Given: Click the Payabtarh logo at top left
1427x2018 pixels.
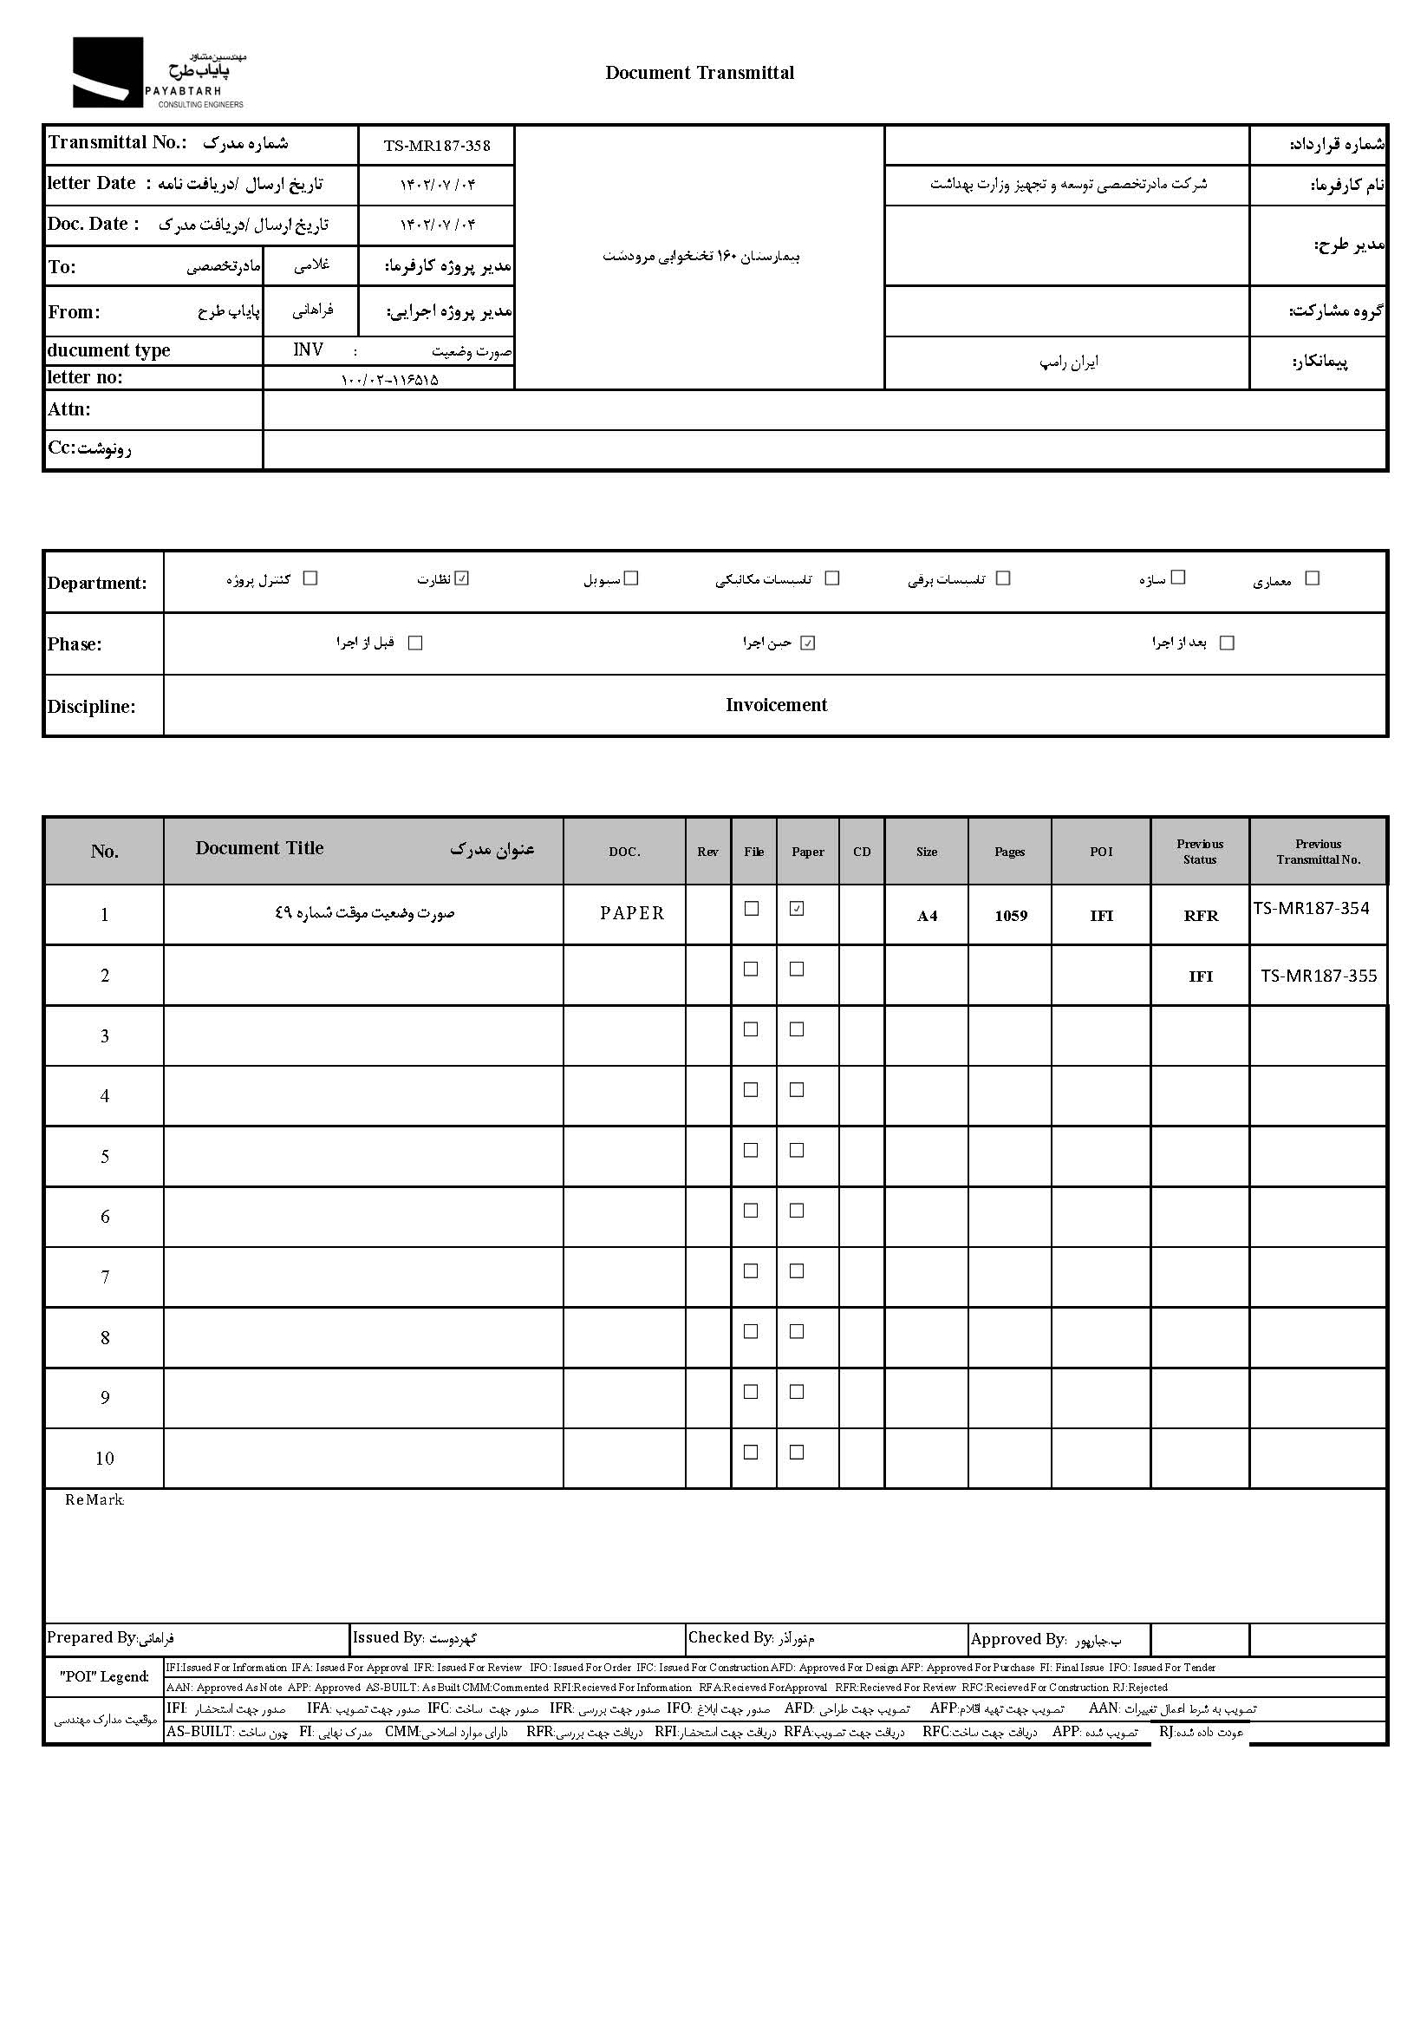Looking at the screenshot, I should (x=158, y=73).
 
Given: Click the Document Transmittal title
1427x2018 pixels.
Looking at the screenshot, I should (x=700, y=73).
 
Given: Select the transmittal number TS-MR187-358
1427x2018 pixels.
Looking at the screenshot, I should (x=437, y=146).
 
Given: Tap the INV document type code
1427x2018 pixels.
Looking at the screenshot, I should (x=308, y=349).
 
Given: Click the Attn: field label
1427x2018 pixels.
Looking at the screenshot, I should (x=69, y=409).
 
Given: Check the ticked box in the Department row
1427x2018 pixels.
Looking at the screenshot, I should (x=463, y=578).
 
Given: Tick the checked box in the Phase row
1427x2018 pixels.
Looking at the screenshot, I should (x=808, y=643).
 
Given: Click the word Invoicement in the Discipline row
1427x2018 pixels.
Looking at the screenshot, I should (x=776, y=705).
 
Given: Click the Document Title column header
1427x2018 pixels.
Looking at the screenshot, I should (x=259, y=848).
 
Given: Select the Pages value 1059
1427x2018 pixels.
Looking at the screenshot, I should (x=1011, y=916).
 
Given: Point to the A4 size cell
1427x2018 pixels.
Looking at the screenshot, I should (x=927, y=916).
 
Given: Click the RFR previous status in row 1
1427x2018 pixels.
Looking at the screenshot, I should (x=1201, y=916).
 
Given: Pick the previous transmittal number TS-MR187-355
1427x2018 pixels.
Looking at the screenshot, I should (x=1318, y=976).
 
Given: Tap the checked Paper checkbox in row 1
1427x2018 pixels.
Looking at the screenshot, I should (x=797, y=909).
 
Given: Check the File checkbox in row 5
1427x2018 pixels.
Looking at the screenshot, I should (x=752, y=1151).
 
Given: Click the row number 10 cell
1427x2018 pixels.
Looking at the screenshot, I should (x=105, y=1459).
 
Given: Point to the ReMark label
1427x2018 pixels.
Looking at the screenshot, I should (x=94, y=1500).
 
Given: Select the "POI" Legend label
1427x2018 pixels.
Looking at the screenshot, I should (x=104, y=1676).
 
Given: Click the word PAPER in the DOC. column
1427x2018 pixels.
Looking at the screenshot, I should (x=632, y=913).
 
